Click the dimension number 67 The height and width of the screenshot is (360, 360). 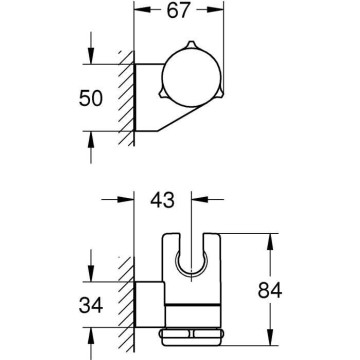[178, 11]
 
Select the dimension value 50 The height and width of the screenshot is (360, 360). [91, 99]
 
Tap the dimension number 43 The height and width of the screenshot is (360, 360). [162, 200]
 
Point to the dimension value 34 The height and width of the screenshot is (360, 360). [91, 305]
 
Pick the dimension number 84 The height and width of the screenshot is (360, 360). [270, 290]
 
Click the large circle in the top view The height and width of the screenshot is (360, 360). [192, 78]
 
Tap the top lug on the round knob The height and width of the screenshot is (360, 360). [190, 44]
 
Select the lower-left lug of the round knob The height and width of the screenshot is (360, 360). [163, 94]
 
